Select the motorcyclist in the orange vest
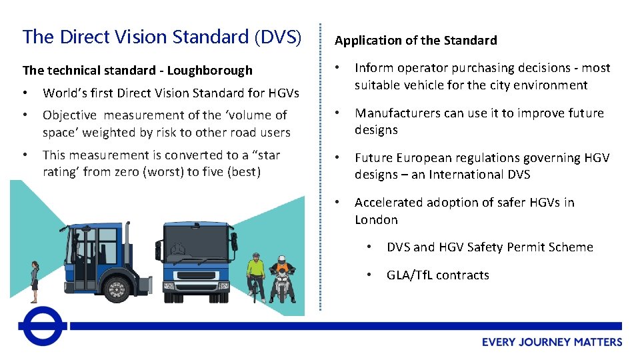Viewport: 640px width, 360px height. tap(282, 277)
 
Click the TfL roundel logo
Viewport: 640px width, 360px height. tap(43, 326)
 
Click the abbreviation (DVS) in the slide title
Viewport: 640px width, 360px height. tap(277, 37)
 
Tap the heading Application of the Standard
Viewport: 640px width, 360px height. tap(415, 41)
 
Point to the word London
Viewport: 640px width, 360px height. tap(376, 219)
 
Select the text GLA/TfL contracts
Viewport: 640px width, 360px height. tap(437, 275)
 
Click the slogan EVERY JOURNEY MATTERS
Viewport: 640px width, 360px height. tap(552, 342)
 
